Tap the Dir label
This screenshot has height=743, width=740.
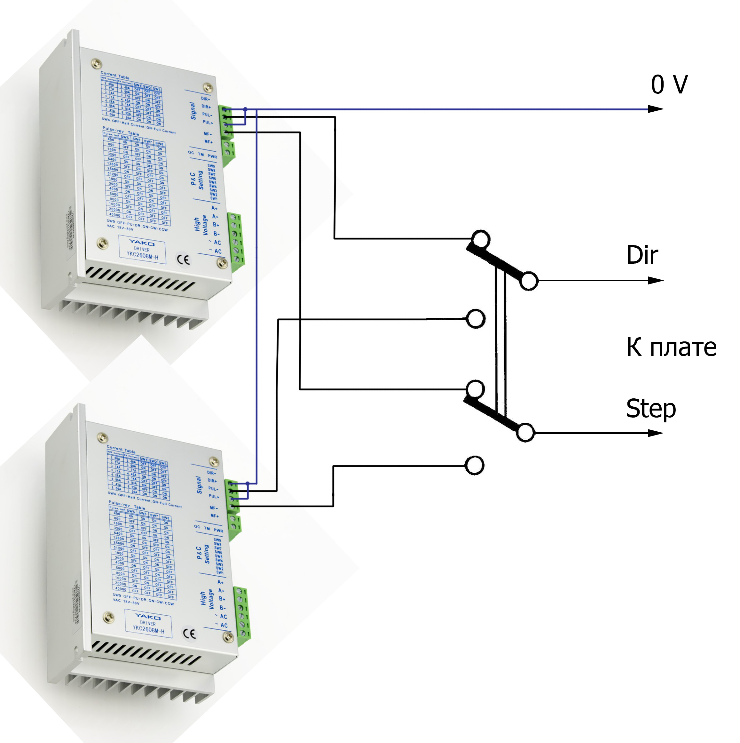(x=642, y=255)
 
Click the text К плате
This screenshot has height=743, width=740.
(x=671, y=347)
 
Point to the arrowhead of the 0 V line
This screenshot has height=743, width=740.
(x=656, y=109)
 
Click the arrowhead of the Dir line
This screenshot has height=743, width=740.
(x=656, y=281)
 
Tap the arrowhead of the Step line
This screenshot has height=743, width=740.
(x=656, y=433)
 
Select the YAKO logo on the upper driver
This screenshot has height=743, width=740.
(x=142, y=243)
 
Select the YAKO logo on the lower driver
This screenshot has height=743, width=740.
(x=148, y=617)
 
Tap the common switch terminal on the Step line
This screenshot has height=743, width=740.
(x=525, y=433)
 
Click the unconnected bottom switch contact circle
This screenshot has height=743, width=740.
(x=474, y=465)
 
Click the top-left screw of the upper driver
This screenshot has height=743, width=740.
(x=97, y=63)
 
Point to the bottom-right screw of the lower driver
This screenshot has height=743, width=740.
(x=228, y=638)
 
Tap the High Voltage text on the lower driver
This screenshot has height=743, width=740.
(x=207, y=600)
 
